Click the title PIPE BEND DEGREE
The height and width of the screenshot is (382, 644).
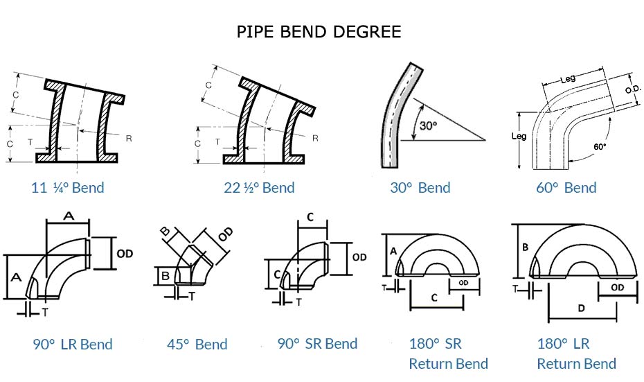[319, 32]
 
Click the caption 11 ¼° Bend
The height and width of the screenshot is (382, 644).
[68, 188]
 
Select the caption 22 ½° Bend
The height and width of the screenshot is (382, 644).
[260, 188]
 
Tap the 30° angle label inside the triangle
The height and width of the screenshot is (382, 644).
[429, 125]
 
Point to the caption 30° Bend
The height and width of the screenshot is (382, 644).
[420, 188]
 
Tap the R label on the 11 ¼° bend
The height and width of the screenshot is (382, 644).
[129, 138]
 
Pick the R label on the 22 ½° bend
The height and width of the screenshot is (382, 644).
[315, 138]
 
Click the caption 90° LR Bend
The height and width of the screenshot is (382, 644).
[72, 345]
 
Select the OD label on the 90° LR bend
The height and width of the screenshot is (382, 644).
[125, 254]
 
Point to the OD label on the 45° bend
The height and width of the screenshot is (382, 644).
[225, 236]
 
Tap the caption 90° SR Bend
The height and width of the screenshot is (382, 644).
[317, 344]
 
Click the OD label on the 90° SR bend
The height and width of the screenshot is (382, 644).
[359, 257]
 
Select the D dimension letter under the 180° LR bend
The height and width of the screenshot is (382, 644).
[582, 307]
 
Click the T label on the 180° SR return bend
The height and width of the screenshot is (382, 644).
[385, 286]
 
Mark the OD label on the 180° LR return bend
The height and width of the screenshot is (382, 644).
[618, 287]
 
